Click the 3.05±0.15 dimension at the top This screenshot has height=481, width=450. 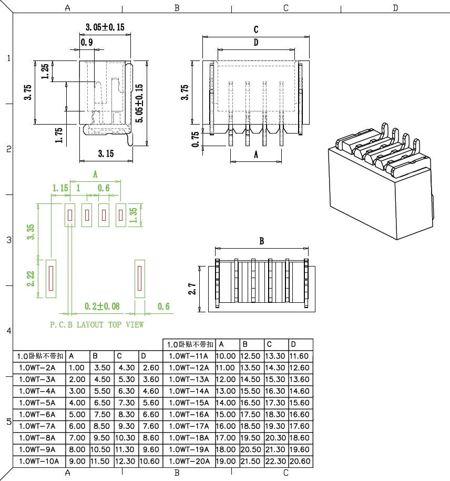pyautogui.click(x=105, y=27)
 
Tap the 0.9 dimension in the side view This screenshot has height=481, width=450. pyautogui.click(x=87, y=42)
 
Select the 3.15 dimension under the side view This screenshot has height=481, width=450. pyautogui.click(x=106, y=153)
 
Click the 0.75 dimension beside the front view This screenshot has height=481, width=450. pyautogui.click(x=196, y=139)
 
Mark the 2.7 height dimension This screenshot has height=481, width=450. pyautogui.click(x=192, y=289)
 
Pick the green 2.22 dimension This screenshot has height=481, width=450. pyautogui.click(x=31, y=279)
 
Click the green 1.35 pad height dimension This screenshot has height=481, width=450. pyautogui.click(x=133, y=215)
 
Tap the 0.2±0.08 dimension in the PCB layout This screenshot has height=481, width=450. pyautogui.click(x=102, y=306)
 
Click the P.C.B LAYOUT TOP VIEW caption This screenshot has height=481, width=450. pyautogui.click(x=97, y=325)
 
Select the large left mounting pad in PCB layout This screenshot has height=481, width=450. pyautogui.click(x=51, y=279)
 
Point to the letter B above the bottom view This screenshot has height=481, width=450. pyautogui.click(x=262, y=241)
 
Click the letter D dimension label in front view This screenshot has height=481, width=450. pyautogui.click(x=256, y=43)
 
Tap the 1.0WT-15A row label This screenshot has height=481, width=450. pyautogui.click(x=189, y=403)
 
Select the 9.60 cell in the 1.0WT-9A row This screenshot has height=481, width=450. pyautogui.click(x=151, y=449)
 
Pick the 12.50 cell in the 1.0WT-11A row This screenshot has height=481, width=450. pyautogui.click(x=250, y=356)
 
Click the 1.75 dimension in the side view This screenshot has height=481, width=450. pyautogui.click(x=59, y=135)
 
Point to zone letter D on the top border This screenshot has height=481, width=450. pyautogui.click(x=395, y=7)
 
